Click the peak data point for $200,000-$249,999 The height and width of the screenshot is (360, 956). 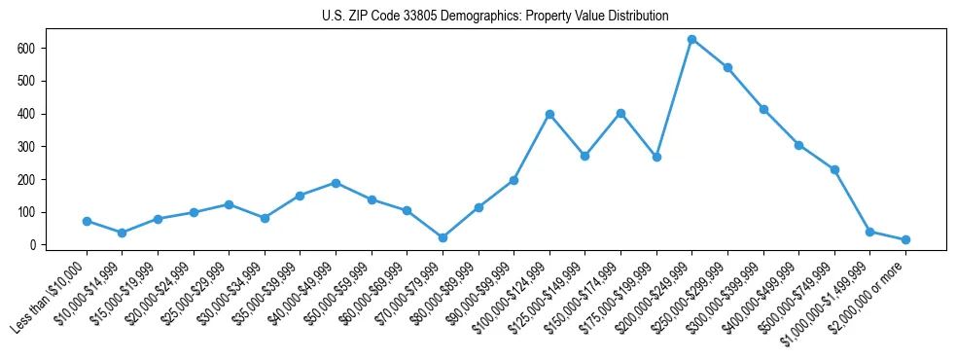pos(691,39)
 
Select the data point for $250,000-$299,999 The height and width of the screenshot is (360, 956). pos(727,67)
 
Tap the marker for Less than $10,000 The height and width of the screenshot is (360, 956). pos(87,221)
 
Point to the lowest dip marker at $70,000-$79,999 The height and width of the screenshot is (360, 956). pos(443,237)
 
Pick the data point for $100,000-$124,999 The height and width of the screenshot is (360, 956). pos(549,114)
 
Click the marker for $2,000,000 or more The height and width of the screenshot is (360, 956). pos(905,239)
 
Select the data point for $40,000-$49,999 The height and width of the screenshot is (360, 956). pos(336,183)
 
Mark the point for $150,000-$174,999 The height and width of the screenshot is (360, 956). pos(620,113)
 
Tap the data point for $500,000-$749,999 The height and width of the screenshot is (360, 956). pos(834,169)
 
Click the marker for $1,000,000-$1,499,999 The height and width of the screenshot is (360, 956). pos(869,232)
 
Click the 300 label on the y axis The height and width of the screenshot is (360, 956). pos(33,146)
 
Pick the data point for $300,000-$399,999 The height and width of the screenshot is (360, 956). pos(763,109)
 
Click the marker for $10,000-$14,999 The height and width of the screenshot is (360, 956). pos(122,233)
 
